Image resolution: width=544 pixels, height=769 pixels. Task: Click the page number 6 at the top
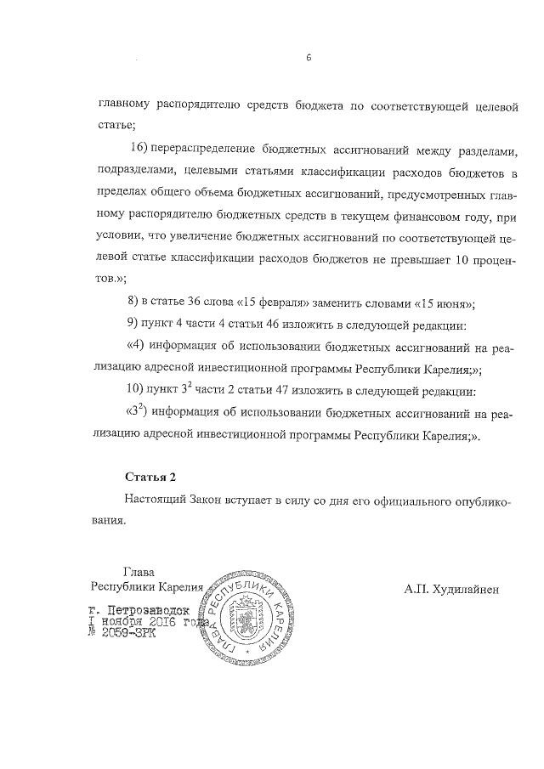tap(309, 58)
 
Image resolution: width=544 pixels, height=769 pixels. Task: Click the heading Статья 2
tap(150, 476)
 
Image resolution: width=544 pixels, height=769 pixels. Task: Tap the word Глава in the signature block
tap(140, 572)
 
